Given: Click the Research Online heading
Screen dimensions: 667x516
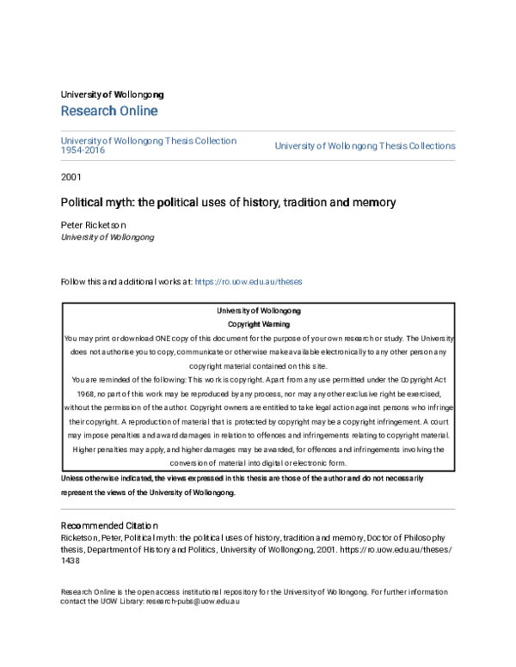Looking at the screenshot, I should click(109, 112).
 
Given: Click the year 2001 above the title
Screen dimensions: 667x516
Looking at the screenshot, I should click(72, 177).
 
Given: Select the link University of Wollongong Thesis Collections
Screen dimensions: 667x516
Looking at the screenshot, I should click(365, 146).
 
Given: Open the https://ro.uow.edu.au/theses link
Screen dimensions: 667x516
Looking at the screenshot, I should click(249, 282).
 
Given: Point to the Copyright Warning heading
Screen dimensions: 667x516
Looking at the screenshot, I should click(258, 325).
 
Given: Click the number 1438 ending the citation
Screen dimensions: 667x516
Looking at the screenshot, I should click(70, 560).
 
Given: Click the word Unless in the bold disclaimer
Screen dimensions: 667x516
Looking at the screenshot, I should click(75, 478).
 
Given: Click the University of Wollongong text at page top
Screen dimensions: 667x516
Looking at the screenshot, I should click(112, 95).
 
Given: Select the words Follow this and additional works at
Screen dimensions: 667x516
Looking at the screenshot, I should click(126, 282).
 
